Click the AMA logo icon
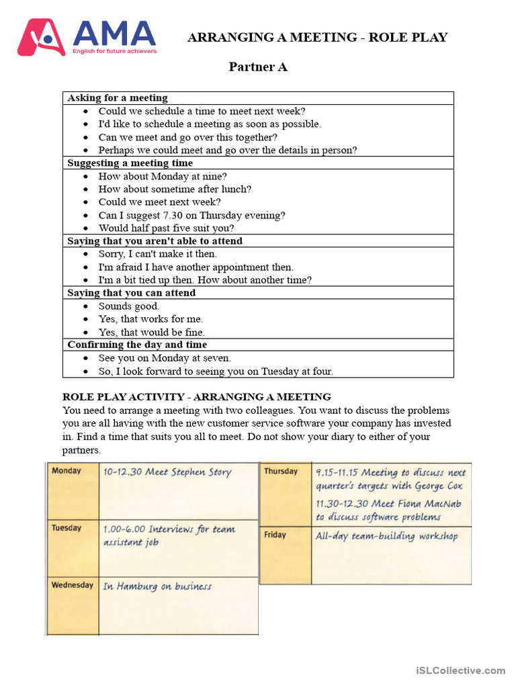point(41,37)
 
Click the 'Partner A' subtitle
point(258,67)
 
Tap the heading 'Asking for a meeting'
point(118,98)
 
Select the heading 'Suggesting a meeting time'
point(130,163)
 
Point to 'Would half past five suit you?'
point(166,228)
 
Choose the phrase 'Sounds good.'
point(129,306)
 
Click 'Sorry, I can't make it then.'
point(158,254)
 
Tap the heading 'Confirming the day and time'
point(137,345)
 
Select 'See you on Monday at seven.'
point(165,358)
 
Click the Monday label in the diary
point(66,471)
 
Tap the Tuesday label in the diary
point(66,528)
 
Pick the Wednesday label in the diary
point(72,585)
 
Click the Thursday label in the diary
point(280,471)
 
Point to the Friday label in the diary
point(275,535)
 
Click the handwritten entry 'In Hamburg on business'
point(157,587)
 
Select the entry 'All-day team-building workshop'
point(387,536)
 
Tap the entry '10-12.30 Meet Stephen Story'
point(167,472)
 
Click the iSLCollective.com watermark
point(460,670)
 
